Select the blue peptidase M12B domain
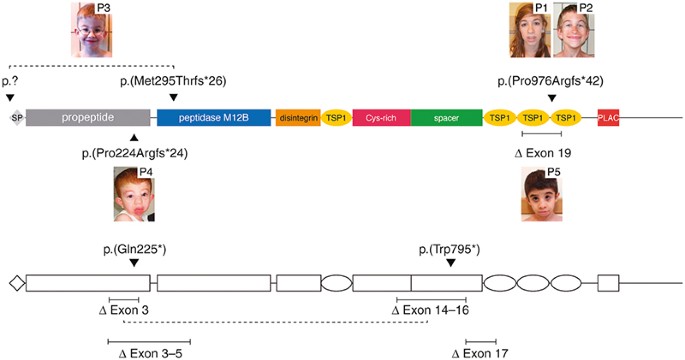click(x=213, y=117)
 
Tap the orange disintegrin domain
click(x=297, y=117)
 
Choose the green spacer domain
click(x=446, y=117)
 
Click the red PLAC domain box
click(x=608, y=117)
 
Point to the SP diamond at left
click(x=15, y=117)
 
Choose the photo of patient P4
click(x=134, y=194)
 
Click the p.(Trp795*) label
click(x=449, y=247)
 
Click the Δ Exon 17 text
click(x=481, y=353)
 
